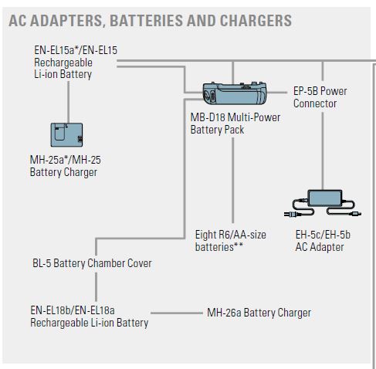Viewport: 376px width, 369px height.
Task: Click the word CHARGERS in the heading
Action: pos(256,21)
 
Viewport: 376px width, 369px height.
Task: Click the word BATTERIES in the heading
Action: pos(146,21)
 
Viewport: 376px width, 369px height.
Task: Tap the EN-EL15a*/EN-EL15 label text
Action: pos(76,50)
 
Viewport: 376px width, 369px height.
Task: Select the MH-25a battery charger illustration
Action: pos(66,135)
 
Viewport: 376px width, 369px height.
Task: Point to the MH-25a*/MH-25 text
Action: pos(66,160)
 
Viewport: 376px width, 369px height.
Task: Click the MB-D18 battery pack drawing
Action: pos(235,93)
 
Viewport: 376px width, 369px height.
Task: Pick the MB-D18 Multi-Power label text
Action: pos(235,117)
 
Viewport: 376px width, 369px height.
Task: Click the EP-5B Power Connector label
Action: pos(320,97)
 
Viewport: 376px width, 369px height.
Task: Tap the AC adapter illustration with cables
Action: pos(323,204)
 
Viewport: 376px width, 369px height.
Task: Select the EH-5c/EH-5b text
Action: pos(323,235)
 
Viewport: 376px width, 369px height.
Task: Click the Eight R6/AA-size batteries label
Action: pos(231,241)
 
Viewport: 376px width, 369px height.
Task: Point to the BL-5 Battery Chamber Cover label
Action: pos(92,263)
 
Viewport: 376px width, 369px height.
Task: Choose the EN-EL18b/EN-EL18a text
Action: pos(73,310)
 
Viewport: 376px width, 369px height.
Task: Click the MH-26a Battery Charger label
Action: pos(259,313)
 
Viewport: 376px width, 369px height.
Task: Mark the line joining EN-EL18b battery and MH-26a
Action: pos(177,313)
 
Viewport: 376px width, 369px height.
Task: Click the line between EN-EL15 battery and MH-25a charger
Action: pos(69,102)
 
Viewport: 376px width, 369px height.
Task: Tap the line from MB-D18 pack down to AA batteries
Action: pos(233,181)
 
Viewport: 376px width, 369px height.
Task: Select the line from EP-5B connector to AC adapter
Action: pos(323,151)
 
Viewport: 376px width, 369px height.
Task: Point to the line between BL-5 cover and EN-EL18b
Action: pos(96,286)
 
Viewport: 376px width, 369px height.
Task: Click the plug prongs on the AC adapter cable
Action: pos(286,214)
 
